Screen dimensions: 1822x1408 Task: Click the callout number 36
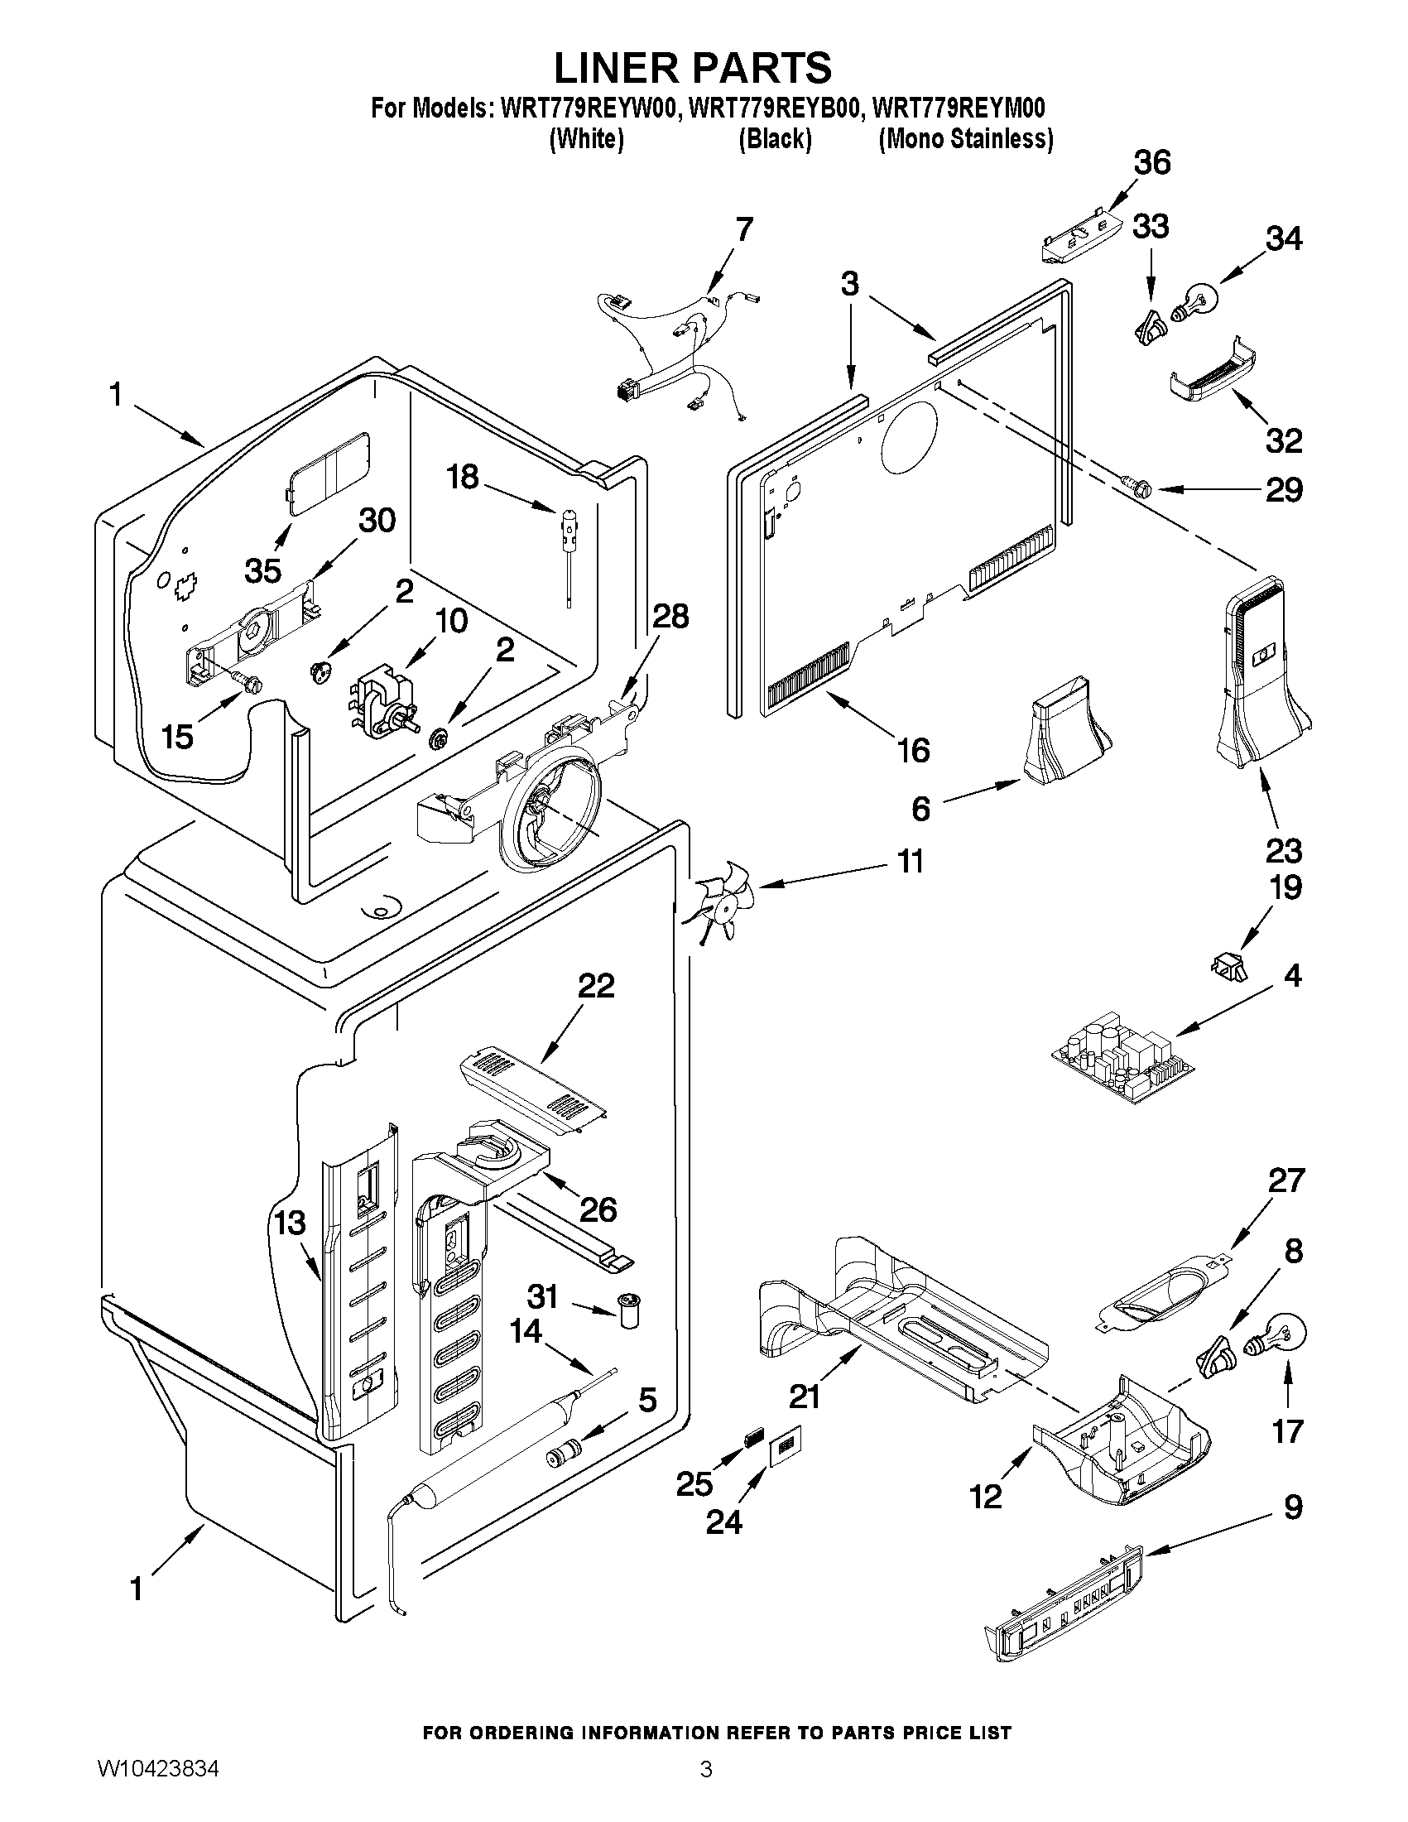[x=1152, y=163]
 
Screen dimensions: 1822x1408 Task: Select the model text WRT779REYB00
[x=773, y=109]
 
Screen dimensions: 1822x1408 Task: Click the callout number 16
[x=913, y=750]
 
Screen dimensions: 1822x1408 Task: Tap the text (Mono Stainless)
[x=965, y=138]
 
